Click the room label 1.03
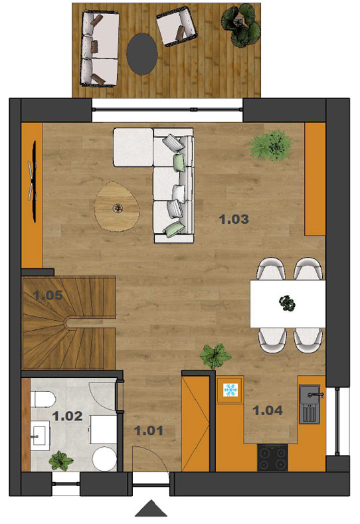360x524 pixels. click(234, 219)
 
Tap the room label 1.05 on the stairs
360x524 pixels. click(48, 295)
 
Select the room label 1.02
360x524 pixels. click(67, 416)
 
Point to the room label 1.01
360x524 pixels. click(149, 430)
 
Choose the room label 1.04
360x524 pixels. click(268, 410)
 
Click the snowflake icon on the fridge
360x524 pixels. click(230, 390)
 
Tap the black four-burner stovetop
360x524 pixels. click(272, 458)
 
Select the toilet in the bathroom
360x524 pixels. click(45, 399)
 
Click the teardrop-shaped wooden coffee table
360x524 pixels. click(117, 207)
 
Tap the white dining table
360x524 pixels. click(288, 304)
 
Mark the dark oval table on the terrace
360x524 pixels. click(142, 54)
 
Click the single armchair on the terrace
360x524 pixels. click(177, 27)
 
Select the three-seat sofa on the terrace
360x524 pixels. click(99, 48)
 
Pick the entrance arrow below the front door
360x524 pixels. click(151, 508)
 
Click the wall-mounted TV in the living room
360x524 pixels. click(33, 181)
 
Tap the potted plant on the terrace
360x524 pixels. click(240, 25)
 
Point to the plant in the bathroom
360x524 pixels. click(61, 461)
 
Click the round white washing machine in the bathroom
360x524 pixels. click(104, 459)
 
